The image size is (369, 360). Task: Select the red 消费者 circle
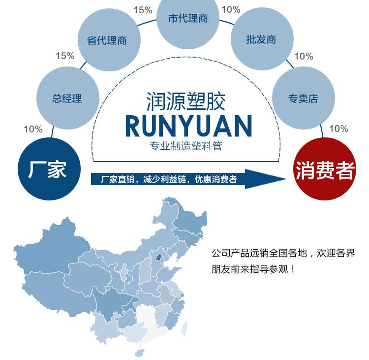[325, 170]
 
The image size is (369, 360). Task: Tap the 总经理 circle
[67, 98]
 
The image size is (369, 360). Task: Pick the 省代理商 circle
[107, 40]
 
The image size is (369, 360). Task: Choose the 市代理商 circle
[188, 19]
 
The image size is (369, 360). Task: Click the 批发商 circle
[261, 39]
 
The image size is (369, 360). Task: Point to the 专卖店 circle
[303, 98]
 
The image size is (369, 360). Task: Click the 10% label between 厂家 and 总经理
[33, 129]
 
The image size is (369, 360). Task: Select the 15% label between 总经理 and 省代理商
[65, 56]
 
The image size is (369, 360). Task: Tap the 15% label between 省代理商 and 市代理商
[143, 9]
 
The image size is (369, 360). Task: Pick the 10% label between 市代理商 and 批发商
[231, 9]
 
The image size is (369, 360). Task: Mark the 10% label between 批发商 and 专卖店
[304, 56]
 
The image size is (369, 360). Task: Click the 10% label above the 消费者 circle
[338, 129]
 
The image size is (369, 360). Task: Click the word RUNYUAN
[188, 126]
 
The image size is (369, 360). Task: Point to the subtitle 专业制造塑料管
[188, 147]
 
